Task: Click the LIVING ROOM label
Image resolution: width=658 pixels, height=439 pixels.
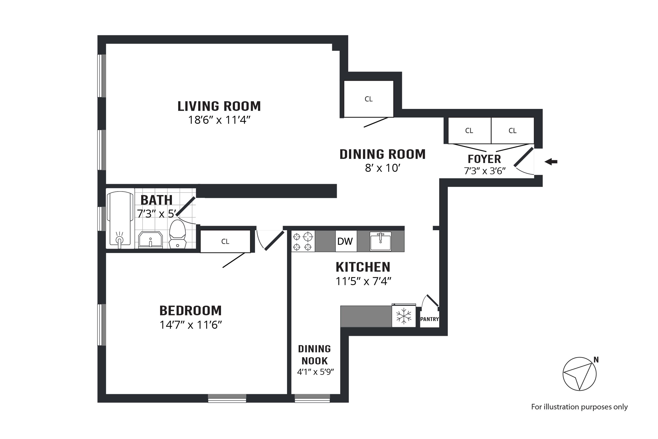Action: (x=219, y=106)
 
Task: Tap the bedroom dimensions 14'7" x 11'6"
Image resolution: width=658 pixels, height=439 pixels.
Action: (x=191, y=325)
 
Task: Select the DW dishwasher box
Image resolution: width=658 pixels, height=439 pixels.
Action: (x=346, y=241)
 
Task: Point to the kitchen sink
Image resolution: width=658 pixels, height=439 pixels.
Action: (x=381, y=241)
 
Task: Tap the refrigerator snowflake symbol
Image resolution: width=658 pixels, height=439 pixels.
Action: (x=404, y=316)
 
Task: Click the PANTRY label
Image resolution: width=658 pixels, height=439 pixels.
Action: (x=429, y=319)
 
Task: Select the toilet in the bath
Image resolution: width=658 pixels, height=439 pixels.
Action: (x=178, y=234)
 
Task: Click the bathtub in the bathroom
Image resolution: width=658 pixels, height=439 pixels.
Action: (x=120, y=219)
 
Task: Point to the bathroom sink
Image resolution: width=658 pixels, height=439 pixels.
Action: (x=150, y=240)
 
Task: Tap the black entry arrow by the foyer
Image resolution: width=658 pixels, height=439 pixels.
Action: (x=551, y=162)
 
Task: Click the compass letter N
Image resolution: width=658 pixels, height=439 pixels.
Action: (x=596, y=360)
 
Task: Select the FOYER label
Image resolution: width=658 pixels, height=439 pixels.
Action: (x=484, y=159)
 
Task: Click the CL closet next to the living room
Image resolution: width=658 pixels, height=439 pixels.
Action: (x=368, y=99)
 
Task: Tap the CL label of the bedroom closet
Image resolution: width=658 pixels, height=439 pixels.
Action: (x=225, y=241)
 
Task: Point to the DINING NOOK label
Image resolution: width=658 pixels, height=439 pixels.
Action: (x=315, y=355)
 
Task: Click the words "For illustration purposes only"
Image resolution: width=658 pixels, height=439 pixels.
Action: (x=579, y=407)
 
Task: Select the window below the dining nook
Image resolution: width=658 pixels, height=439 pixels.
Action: (x=312, y=398)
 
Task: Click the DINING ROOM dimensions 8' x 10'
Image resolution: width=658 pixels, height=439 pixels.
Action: (x=383, y=168)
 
